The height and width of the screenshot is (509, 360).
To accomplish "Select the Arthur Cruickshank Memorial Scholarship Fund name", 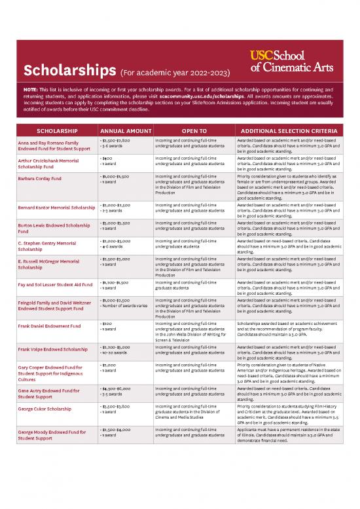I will click(x=48, y=163).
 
